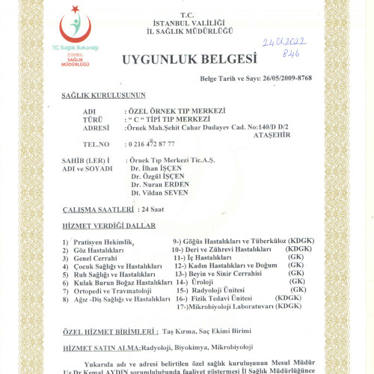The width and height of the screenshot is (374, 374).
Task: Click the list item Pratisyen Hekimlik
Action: (x=99, y=242)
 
